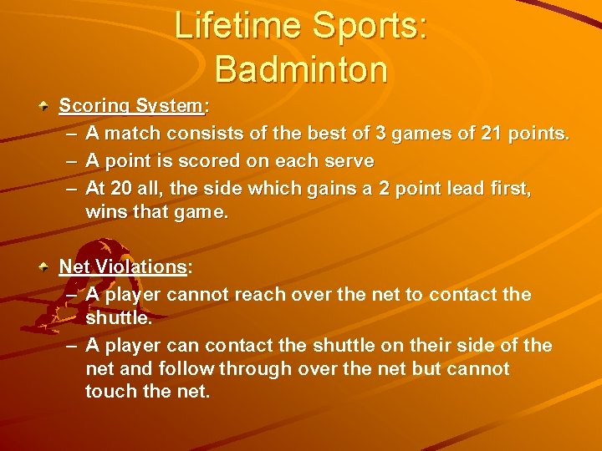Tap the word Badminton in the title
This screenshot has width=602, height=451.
click(x=301, y=68)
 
